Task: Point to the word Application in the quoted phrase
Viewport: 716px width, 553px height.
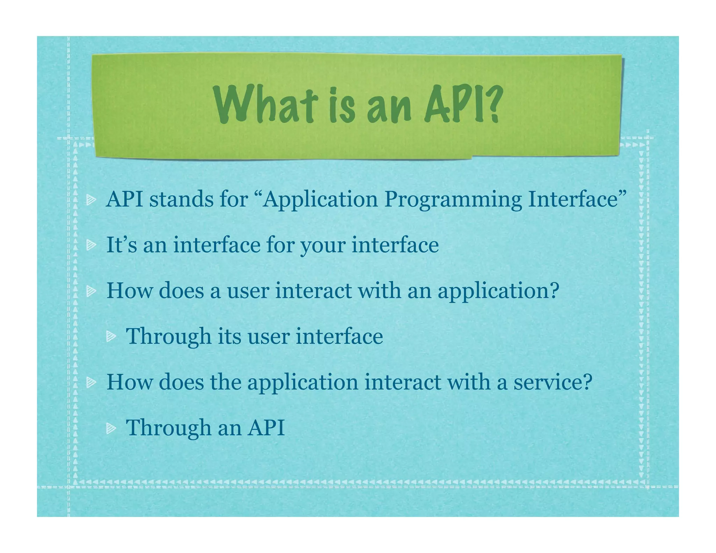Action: point(320,200)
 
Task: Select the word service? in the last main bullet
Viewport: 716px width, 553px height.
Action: point(553,382)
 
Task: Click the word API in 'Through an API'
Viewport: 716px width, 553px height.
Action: point(266,428)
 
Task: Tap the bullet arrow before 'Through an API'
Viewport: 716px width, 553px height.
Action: point(111,428)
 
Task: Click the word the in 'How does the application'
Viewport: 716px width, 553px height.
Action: point(225,382)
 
